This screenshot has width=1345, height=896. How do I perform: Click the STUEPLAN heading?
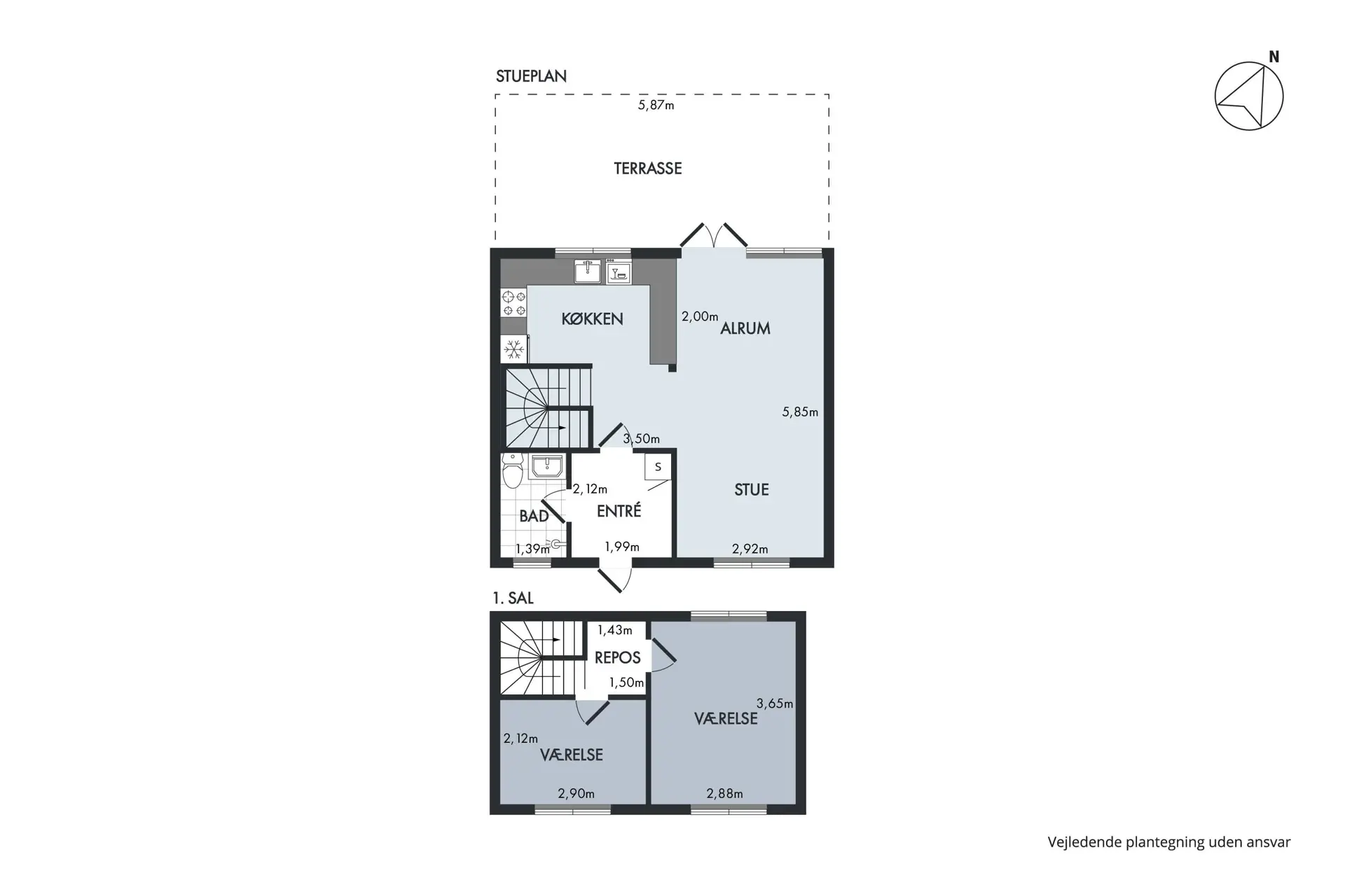[x=531, y=76]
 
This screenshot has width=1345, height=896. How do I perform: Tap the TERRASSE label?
[x=648, y=169]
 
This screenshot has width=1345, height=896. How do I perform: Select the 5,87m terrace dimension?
[x=656, y=106]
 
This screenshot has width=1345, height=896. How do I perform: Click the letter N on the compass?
[x=1274, y=57]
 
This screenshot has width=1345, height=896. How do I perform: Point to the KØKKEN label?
[x=592, y=319]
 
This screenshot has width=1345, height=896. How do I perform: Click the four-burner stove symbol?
[x=514, y=303]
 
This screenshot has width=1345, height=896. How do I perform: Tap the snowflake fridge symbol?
[x=514, y=349]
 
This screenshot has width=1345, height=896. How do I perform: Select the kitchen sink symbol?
[x=588, y=271]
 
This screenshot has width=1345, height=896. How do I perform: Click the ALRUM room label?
[x=745, y=328]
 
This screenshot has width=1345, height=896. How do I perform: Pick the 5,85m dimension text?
[x=800, y=412]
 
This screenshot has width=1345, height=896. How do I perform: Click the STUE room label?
[x=752, y=490]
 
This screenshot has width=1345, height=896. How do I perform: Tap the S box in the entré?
[x=658, y=467]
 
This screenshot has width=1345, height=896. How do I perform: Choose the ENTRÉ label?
[x=619, y=511]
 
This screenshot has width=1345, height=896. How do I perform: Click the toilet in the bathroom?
[x=513, y=470]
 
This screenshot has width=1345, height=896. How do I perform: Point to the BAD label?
[x=534, y=517]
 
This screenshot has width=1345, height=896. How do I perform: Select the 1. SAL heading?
[x=513, y=598]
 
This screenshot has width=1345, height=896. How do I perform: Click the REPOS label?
[x=617, y=658]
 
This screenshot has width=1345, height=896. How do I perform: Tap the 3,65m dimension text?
[x=775, y=703]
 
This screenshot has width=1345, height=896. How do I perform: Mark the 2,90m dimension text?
[x=576, y=794]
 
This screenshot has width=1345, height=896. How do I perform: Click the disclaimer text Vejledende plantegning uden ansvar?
[x=1169, y=842]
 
